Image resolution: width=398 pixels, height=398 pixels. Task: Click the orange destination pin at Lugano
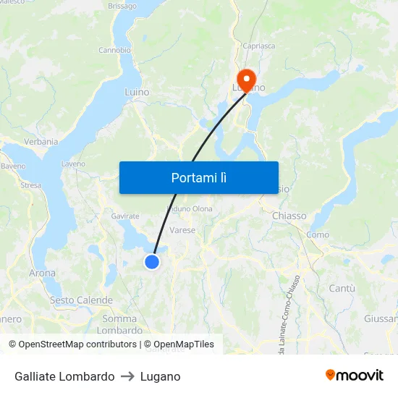pyautogui.click(x=246, y=79)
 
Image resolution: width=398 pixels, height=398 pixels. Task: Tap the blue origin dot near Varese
pyautogui.click(x=152, y=262)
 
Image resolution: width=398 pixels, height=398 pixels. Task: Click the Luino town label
pyautogui.click(x=137, y=93)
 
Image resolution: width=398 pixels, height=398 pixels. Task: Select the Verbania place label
pyautogui.click(x=41, y=142)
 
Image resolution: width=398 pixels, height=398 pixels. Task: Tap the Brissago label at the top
pyautogui.click(x=122, y=6)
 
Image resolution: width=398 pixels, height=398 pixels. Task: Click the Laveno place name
pyautogui.click(x=73, y=164)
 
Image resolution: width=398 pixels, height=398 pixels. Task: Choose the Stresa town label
pyautogui.click(x=31, y=185)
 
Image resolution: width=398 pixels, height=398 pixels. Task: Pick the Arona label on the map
pyautogui.click(x=42, y=274)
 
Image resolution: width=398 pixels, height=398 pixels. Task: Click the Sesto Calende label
pyautogui.click(x=81, y=300)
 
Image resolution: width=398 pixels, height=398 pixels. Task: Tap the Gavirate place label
pyautogui.click(x=125, y=216)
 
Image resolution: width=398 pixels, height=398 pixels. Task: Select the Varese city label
pyautogui.click(x=182, y=230)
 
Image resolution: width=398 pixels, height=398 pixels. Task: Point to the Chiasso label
pyautogui.click(x=289, y=216)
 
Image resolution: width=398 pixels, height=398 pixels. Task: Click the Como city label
pyautogui.click(x=318, y=234)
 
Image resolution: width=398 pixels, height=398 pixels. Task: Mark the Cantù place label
pyautogui.click(x=342, y=288)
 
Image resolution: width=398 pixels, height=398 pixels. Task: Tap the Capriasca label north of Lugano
pyautogui.click(x=259, y=46)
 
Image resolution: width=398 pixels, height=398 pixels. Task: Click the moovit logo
pyautogui.click(x=355, y=376)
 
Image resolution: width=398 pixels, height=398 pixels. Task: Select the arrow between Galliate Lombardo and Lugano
pyautogui.click(x=127, y=376)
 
